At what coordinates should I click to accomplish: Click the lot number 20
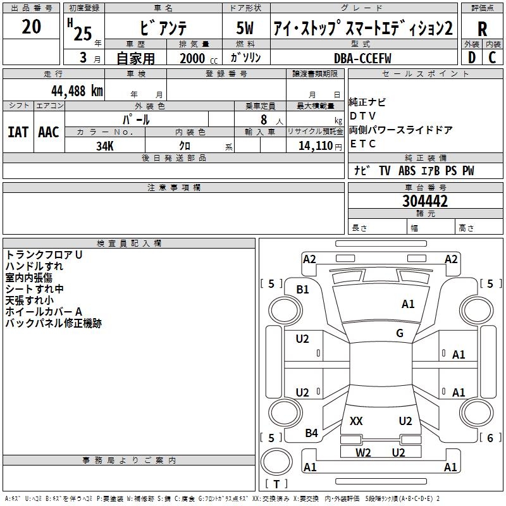coord(31,27)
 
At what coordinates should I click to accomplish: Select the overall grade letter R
coord(482,29)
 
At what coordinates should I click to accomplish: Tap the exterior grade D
coord(471,58)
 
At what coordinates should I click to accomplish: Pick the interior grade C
coord(492,58)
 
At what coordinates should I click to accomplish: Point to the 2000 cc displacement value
coord(194,58)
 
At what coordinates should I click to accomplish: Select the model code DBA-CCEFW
coord(362,58)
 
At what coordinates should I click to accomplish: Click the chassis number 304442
coord(425,201)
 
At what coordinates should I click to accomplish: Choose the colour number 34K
coord(104,146)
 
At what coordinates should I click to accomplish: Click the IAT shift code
coord(18,132)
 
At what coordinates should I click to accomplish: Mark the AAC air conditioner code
coord(48,132)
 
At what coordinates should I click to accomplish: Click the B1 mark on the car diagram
coord(303,290)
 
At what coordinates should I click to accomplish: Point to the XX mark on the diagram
coord(356,421)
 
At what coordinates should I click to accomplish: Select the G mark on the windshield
coord(400,333)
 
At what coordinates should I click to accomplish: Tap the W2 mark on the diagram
coord(363,452)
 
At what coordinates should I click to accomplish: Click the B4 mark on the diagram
coord(311,433)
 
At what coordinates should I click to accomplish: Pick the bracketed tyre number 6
coord(490,438)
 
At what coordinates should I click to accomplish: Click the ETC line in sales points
coord(363,144)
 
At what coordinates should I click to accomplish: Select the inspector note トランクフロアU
coord(44,255)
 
